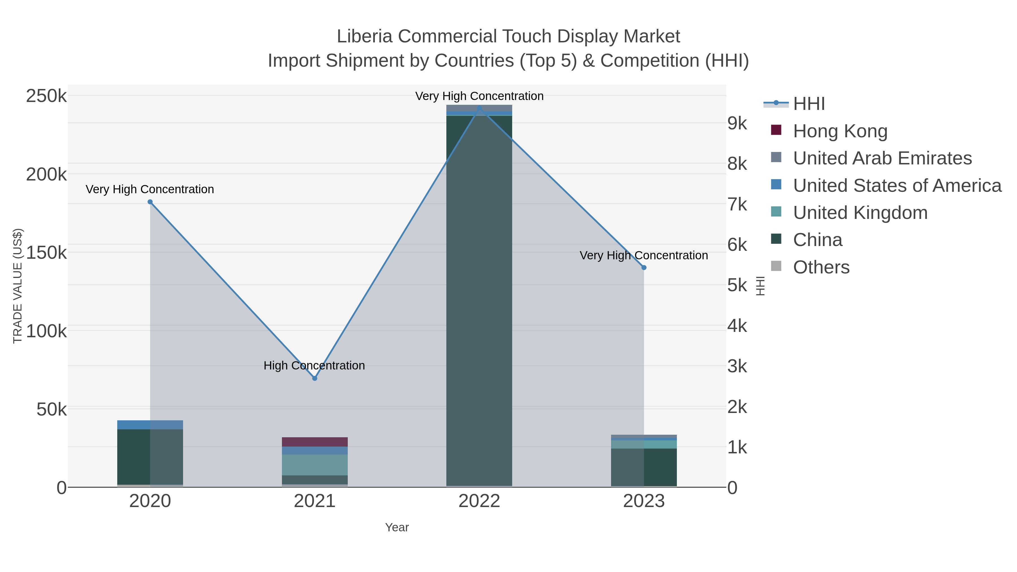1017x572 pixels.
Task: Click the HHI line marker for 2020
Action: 150,202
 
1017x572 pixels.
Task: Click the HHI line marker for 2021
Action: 315,378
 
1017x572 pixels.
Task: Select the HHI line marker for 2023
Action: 644,268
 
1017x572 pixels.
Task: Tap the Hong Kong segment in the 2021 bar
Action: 315,442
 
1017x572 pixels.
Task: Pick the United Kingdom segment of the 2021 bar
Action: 315,465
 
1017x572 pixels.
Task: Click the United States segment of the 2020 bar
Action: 150,425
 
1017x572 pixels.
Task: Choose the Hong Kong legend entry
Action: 840,131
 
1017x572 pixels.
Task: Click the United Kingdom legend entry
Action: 860,213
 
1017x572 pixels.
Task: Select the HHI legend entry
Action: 809,104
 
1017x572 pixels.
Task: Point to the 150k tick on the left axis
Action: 46,253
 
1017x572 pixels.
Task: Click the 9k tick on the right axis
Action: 737,123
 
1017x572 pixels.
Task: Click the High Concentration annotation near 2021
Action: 314,366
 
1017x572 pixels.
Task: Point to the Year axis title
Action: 397,527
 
